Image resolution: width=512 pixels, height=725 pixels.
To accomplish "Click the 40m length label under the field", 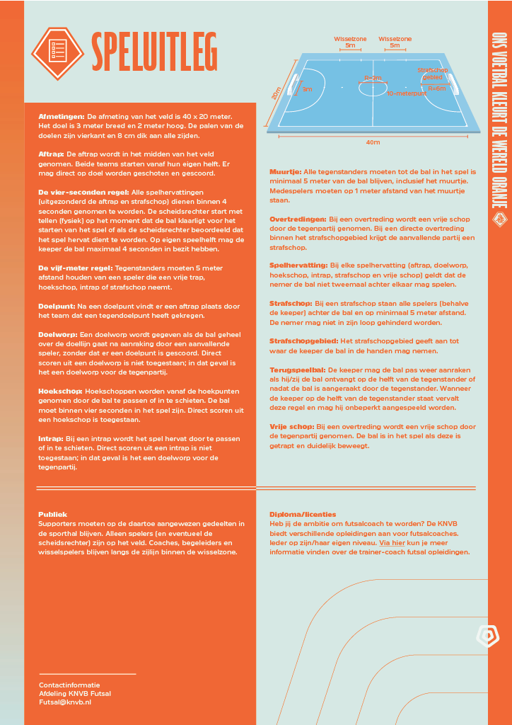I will click(373, 142).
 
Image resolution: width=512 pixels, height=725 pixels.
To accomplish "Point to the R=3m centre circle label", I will click(373, 78).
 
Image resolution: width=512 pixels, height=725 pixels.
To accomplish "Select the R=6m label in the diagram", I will click(437, 89).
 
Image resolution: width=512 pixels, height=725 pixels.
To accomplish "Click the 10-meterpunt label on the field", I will click(407, 93).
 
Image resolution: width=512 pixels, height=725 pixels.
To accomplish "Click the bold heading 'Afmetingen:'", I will click(62, 115).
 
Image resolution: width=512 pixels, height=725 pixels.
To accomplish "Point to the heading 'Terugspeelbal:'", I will click(297, 370).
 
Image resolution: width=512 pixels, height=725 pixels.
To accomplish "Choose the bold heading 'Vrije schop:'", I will click(291, 427).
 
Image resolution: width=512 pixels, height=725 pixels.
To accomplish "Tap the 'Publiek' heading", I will click(52, 514).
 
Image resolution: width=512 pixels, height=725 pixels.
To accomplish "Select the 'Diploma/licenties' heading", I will click(303, 514).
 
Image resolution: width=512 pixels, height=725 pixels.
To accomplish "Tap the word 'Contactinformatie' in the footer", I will click(69, 685).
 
